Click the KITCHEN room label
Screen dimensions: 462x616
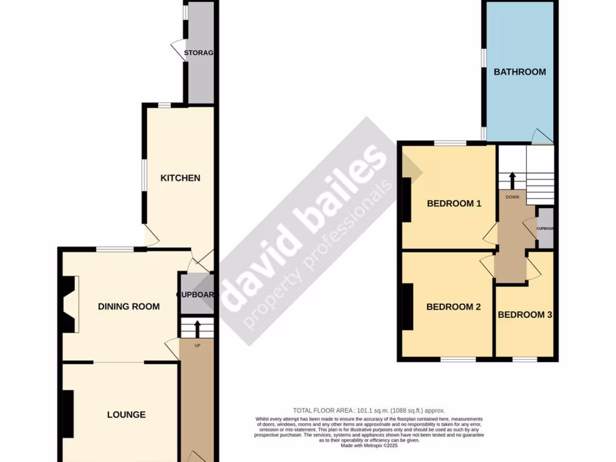pyautogui.click(x=180, y=178)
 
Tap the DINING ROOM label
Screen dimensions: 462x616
pyautogui.click(x=129, y=306)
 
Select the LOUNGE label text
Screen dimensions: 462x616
pyautogui.click(x=126, y=414)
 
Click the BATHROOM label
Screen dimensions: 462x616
pyautogui.click(x=520, y=72)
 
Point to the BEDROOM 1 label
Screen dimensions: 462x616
pyautogui.click(x=454, y=203)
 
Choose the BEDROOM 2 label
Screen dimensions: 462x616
pyautogui.click(x=454, y=307)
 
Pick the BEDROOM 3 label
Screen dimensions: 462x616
pyautogui.click(x=525, y=315)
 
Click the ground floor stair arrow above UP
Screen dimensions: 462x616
pyautogui.click(x=198, y=329)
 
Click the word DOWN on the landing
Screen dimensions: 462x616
pyautogui.click(x=513, y=197)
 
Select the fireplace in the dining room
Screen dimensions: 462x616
pyautogui.click(x=69, y=304)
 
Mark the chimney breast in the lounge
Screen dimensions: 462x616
pyautogui.click(x=68, y=414)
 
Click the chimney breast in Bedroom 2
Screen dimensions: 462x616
pyautogui.click(x=408, y=307)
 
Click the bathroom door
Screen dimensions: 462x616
pyautogui.click(x=541, y=137)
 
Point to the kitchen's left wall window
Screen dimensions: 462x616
pyautogui.click(x=144, y=179)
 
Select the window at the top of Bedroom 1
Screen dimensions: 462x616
pyautogui.click(x=450, y=143)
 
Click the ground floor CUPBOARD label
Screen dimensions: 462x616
pyautogui.click(x=196, y=295)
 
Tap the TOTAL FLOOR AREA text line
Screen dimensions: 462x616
pyautogui.click(x=369, y=411)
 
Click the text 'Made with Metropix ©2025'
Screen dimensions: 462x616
pyautogui.click(x=369, y=446)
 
